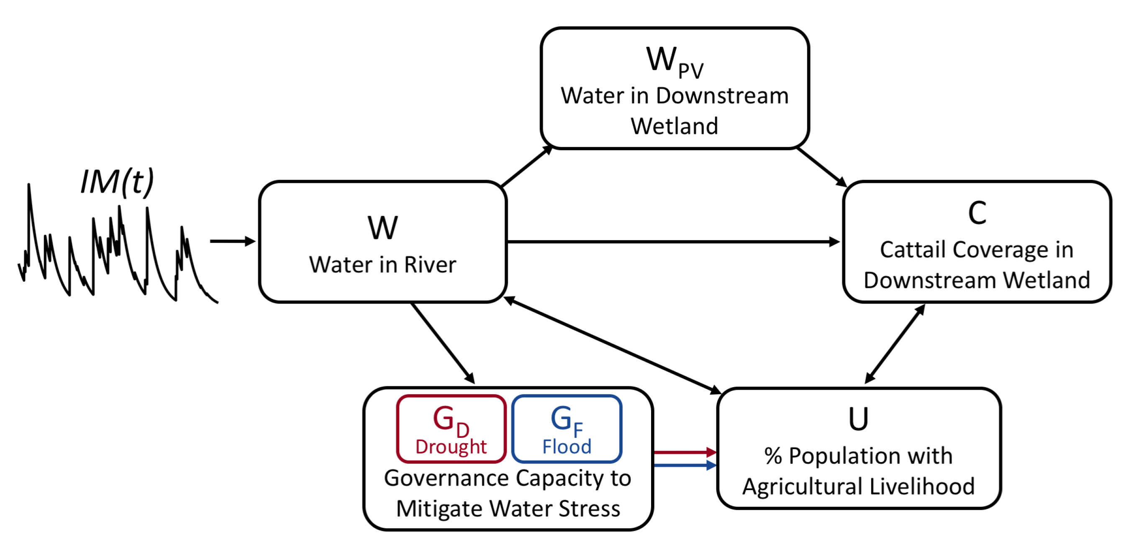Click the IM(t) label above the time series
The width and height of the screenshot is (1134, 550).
[x=117, y=181]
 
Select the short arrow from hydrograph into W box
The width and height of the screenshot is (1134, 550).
[x=232, y=242]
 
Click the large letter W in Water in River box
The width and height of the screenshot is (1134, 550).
[x=382, y=228]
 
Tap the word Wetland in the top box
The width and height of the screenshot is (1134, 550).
[x=674, y=126]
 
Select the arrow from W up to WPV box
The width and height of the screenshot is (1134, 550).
[x=526, y=167]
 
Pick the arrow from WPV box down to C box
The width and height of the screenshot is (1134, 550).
[x=821, y=167]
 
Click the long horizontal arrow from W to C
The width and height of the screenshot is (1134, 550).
[x=674, y=242]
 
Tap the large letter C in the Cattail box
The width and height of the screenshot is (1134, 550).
[x=976, y=213]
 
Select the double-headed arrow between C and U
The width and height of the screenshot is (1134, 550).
[x=895, y=344]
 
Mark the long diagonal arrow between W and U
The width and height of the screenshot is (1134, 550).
[x=612, y=345]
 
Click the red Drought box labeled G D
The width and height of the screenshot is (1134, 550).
[x=451, y=429]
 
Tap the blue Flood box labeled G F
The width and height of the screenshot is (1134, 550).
[x=567, y=429]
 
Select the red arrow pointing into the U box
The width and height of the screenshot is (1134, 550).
[x=685, y=452]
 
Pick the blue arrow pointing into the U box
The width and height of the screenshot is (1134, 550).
[x=685, y=465]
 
